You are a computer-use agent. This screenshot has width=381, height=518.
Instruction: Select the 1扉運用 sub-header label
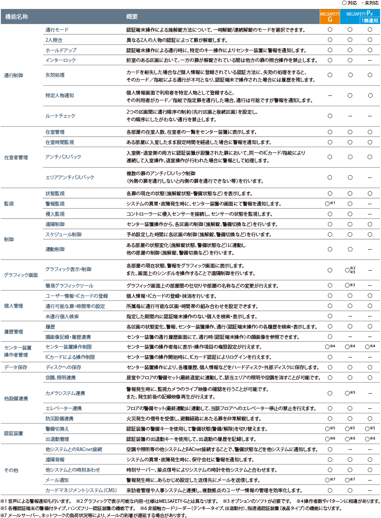[x=370, y=21]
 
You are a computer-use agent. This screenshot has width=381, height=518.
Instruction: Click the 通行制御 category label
[x=13, y=75]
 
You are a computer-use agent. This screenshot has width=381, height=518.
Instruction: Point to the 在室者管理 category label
[x=16, y=157]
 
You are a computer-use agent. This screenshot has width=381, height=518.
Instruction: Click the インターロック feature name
[x=61, y=60]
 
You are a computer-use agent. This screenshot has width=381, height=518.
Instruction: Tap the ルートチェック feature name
[x=60, y=115]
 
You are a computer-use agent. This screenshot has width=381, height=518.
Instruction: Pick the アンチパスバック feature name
[x=63, y=157]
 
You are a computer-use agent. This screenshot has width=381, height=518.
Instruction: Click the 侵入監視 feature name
[x=55, y=214]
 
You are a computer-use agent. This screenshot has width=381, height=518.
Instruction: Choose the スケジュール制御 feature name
[x=63, y=234]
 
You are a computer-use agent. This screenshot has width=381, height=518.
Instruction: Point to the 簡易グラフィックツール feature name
[x=69, y=285]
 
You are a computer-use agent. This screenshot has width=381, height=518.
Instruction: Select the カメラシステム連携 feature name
[x=65, y=393]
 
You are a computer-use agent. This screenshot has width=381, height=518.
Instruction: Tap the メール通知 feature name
[x=57, y=480]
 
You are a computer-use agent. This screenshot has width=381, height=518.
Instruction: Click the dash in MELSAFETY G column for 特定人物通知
[x=330, y=95]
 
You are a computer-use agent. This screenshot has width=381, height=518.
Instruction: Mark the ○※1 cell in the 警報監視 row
[x=330, y=203]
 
